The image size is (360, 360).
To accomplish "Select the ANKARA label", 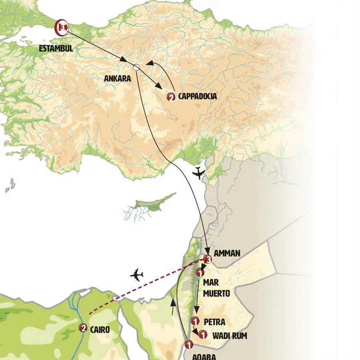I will coord(117,79).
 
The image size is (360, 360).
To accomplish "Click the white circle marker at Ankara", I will coord(136,68).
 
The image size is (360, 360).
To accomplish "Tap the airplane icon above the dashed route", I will coord(137,276).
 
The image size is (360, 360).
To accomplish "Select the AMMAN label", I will coord(228,253).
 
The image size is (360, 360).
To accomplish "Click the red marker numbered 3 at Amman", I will coord(207,260).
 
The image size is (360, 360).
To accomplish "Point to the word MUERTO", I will coord(216,294).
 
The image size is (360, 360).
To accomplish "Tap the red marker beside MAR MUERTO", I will coord(201,273).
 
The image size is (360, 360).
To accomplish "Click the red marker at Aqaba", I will coord(188,344).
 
